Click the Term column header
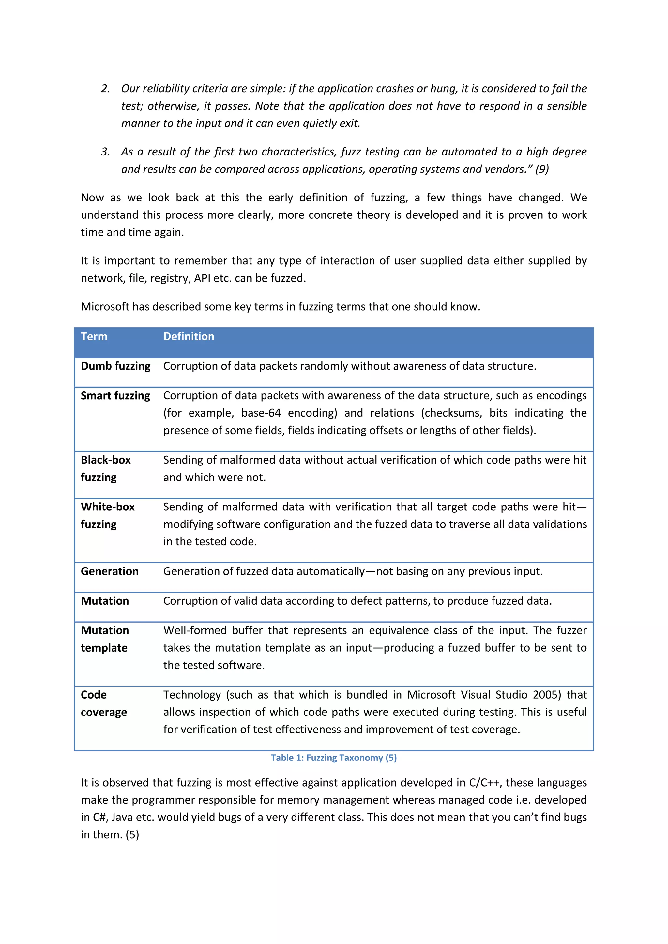pyautogui.click(x=94, y=336)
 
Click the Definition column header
pyautogui.click(x=189, y=336)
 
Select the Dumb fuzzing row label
pyautogui.click(x=115, y=366)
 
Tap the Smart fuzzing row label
pyautogui.click(x=115, y=395)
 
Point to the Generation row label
pyautogui.click(x=109, y=571)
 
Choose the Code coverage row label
pyautogui.click(x=104, y=703)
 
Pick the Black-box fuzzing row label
pyautogui.click(x=105, y=468)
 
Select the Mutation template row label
pyautogui.click(x=104, y=639)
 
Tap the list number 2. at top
pyautogui.click(x=105, y=88)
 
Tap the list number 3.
pyautogui.click(x=105, y=152)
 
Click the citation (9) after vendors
pyautogui.click(x=542, y=169)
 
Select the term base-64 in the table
pyautogui.click(x=261, y=413)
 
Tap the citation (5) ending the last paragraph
pyautogui.click(x=132, y=834)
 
